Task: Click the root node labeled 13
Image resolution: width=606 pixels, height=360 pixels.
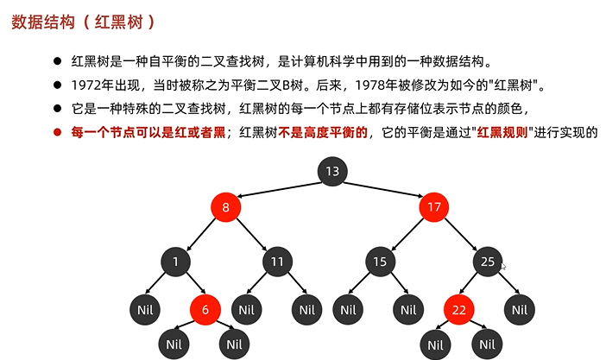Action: pyautogui.click(x=331, y=170)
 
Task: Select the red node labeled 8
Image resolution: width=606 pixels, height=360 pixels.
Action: pyautogui.click(x=225, y=207)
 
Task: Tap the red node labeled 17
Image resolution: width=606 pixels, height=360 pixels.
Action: pyautogui.click(x=435, y=207)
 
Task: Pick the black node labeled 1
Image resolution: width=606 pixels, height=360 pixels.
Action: pyautogui.click(x=174, y=261)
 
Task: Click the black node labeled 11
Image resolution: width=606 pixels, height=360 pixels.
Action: pyautogui.click(x=276, y=261)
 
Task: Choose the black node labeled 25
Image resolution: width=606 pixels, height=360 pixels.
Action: pyautogui.click(x=488, y=261)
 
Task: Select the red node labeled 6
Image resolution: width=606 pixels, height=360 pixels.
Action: pyautogui.click(x=205, y=309)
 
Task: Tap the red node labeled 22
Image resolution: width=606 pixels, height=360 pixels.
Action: pyautogui.click(x=459, y=309)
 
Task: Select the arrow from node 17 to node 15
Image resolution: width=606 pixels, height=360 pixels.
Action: pyautogui.click(x=407, y=233)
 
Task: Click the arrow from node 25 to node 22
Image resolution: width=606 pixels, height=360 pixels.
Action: pyautogui.click(x=474, y=284)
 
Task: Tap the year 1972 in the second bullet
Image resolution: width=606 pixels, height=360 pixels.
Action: pyautogui.click(x=89, y=85)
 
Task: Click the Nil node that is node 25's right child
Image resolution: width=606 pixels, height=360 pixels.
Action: pyautogui.click(x=518, y=309)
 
